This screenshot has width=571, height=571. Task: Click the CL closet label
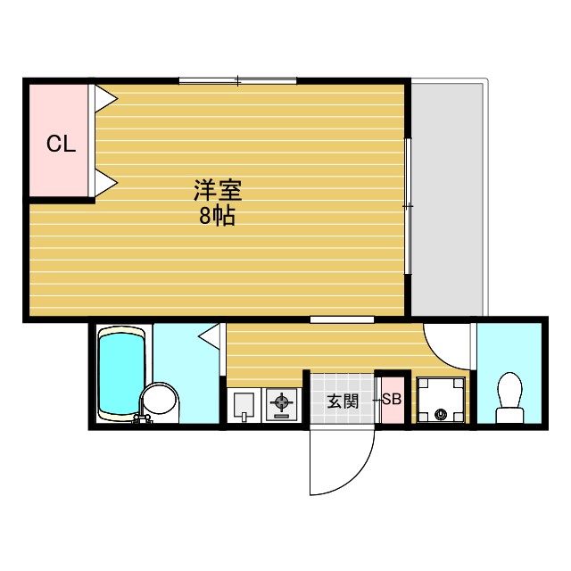pos(61,144)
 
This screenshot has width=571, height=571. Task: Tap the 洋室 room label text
pos(219,190)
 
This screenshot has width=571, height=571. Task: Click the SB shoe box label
pos(392,400)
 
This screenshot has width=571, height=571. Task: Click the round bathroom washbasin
pos(161,401)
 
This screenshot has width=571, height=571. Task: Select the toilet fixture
pos(509,396)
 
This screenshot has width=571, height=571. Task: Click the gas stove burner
pos(281,406)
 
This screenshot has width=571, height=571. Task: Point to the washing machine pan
pos(442,401)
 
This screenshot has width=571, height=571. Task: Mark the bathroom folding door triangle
pos(211,336)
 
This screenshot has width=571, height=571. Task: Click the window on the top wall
pos(237,81)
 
